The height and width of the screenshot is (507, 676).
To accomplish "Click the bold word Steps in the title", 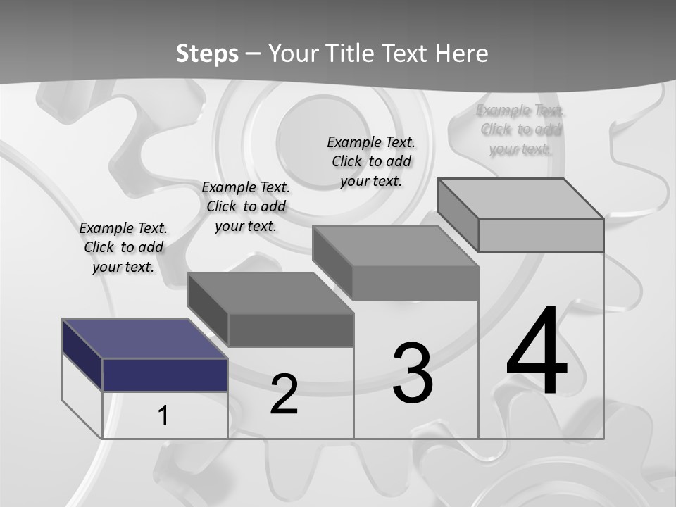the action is [207, 54].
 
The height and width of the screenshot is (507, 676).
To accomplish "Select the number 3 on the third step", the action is [413, 373].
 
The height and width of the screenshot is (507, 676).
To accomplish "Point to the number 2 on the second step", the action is [284, 394].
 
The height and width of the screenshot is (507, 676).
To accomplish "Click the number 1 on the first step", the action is [163, 416].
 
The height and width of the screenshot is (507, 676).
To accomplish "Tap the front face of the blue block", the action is [165, 375].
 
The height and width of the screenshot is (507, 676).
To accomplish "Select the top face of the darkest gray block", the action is [270, 293].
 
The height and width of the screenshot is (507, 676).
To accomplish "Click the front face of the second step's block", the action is [291, 330].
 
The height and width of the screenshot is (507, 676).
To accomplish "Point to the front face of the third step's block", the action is [415, 283].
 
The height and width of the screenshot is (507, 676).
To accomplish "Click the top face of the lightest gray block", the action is [521, 199].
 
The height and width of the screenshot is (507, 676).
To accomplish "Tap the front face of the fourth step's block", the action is [541, 235].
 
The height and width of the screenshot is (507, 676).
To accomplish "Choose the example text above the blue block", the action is [123, 247].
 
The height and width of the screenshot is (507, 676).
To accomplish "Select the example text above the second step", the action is [246, 206].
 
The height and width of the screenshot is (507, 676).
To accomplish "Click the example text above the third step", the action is [371, 161].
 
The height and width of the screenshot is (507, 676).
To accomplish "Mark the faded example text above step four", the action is [520, 130].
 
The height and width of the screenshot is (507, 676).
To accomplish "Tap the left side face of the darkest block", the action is [208, 310].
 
